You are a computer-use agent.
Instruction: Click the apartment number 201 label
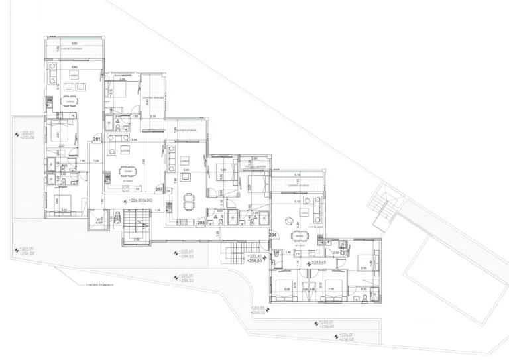pyautogui.click(x=97, y=139)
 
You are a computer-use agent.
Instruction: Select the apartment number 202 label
pyautogui.click(x=159, y=189)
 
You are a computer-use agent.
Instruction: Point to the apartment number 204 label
pyautogui.click(x=272, y=235)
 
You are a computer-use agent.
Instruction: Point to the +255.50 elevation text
pyautogui.click(x=186, y=278)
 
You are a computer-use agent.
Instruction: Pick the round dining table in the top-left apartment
pyautogui.click(x=68, y=101)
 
